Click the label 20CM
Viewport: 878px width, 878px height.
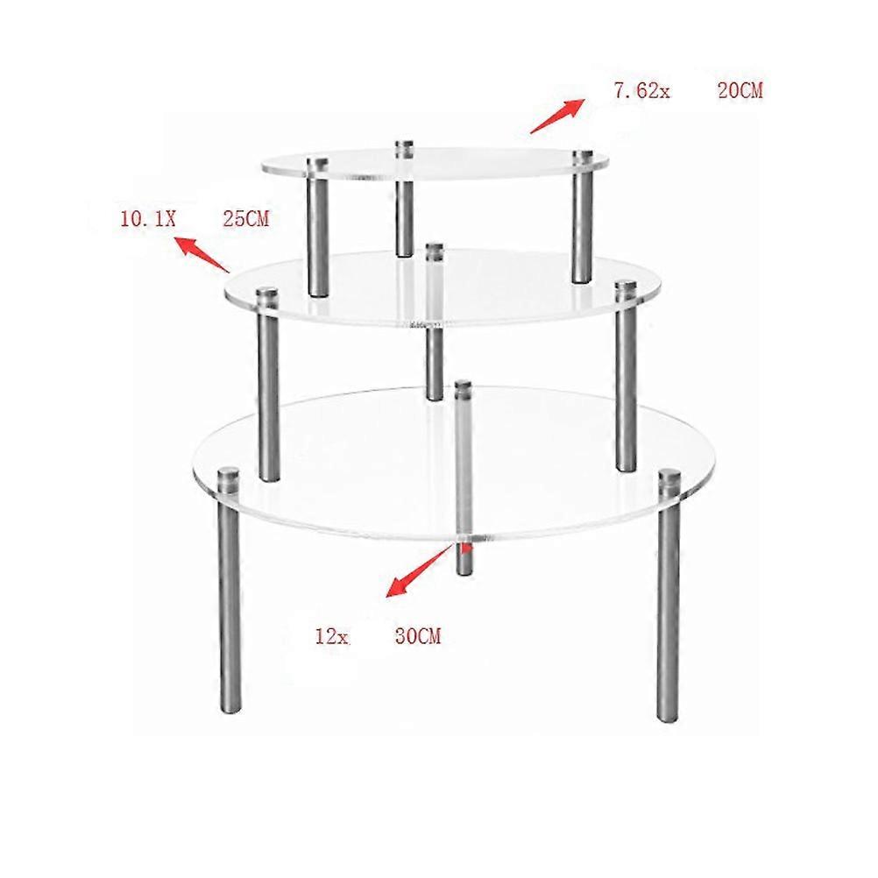click(x=740, y=91)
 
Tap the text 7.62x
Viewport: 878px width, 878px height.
click(x=641, y=91)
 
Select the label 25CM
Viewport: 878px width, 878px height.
click(x=246, y=218)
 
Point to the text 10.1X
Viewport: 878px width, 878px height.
click(x=148, y=218)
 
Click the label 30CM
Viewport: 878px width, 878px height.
click(x=418, y=636)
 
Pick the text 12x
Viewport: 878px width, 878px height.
click(x=332, y=637)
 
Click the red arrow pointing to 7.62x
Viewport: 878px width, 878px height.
click(x=557, y=116)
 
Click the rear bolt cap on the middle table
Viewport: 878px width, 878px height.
click(x=435, y=251)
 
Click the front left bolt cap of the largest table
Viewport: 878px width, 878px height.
click(x=229, y=478)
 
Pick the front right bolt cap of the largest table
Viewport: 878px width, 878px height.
click(x=669, y=480)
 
